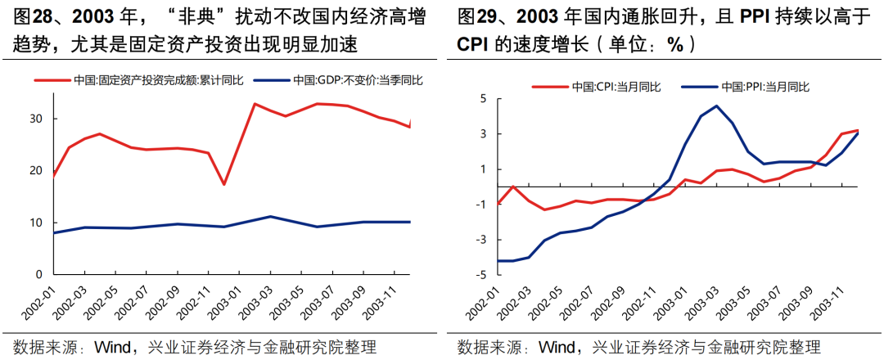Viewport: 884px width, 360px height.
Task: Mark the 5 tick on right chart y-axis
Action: tap(482, 98)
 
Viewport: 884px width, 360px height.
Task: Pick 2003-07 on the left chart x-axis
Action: tap(317, 305)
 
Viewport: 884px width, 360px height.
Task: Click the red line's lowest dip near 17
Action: tap(223, 184)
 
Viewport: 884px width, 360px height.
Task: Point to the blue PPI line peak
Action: tap(716, 106)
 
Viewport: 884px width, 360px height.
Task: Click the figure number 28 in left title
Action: tap(41, 16)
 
